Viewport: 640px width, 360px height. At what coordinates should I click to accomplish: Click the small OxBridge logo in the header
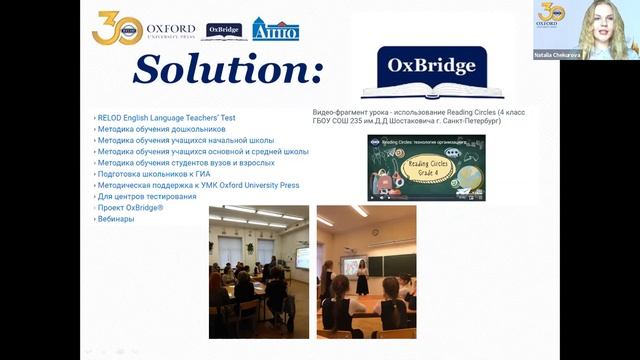pyautogui.click(x=224, y=30)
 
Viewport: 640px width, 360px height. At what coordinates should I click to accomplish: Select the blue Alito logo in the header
pyautogui.click(x=275, y=29)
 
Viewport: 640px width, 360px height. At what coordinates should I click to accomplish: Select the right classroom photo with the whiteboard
pyautogui.click(x=366, y=271)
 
